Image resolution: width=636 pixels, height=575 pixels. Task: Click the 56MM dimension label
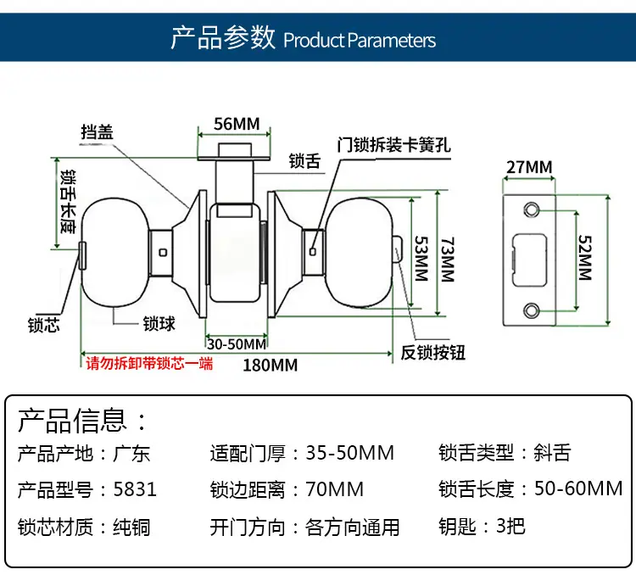[237, 124]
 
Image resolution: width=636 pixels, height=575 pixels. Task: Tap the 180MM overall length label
[271, 366]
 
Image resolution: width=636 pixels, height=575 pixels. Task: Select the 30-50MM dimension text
[237, 344]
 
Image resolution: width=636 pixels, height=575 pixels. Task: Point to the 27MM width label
[529, 167]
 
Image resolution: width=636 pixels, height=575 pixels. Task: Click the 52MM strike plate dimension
[584, 258]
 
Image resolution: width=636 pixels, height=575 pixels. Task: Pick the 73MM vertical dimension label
[447, 260]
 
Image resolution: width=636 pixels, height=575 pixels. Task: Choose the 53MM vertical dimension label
[421, 259]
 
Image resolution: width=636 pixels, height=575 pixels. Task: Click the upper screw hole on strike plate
[532, 209]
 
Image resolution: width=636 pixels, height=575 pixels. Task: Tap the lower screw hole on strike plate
[532, 310]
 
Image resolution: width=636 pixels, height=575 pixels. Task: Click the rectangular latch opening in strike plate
[529, 260]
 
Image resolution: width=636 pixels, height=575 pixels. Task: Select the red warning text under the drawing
[149, 363]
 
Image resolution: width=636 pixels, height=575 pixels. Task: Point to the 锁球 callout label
[159, 324]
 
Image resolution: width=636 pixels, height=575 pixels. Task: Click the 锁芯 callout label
[44, 325]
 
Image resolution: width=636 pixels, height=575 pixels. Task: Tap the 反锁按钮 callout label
[432, 353]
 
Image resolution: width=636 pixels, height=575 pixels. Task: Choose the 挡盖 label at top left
[97, 132]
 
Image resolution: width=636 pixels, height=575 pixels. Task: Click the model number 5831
[135, 489]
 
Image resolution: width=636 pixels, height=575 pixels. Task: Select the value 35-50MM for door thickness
[349, 453]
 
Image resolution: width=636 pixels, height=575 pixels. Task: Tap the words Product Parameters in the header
[360, 41]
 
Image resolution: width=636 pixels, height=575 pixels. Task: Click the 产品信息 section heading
[72, 421]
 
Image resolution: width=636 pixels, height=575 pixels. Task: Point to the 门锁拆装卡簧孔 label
[393, 145]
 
